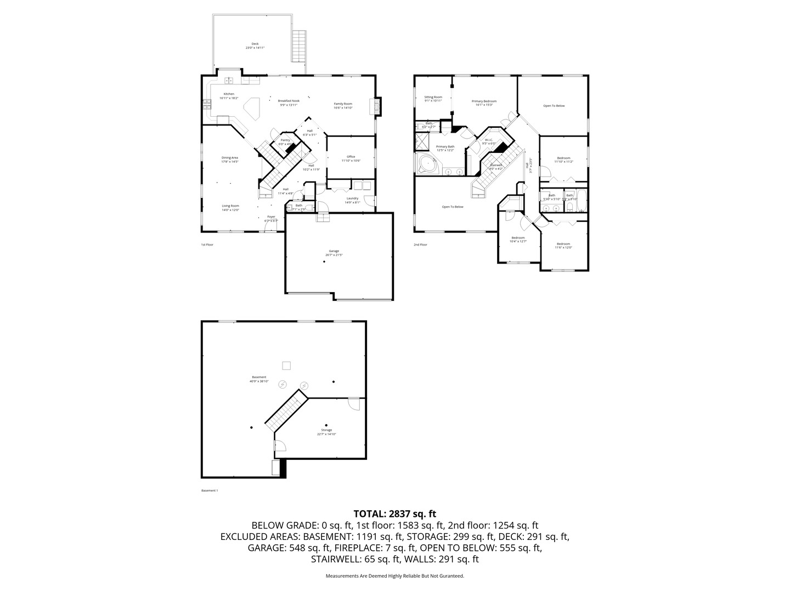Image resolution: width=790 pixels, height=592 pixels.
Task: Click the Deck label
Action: [255, 44]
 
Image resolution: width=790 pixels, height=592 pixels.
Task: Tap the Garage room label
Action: [334, 251]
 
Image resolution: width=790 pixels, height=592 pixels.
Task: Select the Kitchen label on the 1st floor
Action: [229, 94]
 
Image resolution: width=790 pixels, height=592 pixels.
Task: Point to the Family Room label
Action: [343, 104]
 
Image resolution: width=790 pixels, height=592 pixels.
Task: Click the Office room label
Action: [351, 157]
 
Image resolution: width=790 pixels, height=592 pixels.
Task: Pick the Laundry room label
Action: [352, 198]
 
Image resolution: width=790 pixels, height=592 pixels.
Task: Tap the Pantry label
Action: [285, 140]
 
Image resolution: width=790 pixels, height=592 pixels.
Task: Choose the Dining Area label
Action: [229, 158]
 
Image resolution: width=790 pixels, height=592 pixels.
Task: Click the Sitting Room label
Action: [433, 97]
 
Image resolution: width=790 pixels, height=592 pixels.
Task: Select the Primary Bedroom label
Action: [484, 101]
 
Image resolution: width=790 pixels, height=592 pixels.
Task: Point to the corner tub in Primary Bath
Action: [427, 163]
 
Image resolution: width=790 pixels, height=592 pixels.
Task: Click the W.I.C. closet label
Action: [489, 140]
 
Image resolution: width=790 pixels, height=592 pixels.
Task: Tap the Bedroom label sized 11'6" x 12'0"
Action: [563, 244]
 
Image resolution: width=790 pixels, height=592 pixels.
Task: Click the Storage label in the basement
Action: [326, 430]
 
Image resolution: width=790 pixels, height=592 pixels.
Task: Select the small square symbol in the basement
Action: [285, 366]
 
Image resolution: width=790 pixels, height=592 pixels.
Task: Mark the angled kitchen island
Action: [252, 108]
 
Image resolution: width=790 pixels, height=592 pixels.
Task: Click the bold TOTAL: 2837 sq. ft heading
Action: [394, 514]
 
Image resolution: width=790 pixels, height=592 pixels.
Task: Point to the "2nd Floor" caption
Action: [420, 244]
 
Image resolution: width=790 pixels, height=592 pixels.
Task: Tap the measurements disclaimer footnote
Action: [394, 576]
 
